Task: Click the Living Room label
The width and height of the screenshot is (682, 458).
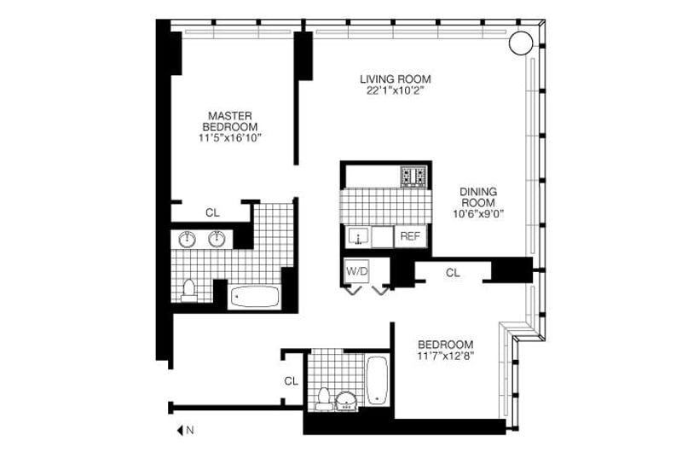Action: pos(391,81)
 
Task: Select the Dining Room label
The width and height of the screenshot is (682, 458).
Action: pos(478,197)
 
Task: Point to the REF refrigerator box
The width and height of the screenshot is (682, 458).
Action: pos(410,236)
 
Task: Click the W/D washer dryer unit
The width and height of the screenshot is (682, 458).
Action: pos(356,271)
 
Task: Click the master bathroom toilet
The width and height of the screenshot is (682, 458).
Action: pos(189,290)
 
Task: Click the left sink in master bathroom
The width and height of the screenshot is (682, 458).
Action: pos(186,239)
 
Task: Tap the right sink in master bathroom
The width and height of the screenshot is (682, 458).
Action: pos(217,239)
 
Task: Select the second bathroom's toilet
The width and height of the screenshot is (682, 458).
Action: pos(323,397)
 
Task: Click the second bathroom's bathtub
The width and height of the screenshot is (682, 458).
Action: pos(378,379)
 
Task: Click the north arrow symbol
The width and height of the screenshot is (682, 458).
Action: pos(182,431)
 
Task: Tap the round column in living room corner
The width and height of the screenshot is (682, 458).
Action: pos(521,43)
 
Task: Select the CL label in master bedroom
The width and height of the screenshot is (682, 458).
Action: pos(212,213)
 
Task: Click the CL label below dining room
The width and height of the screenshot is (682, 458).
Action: pos(453,273)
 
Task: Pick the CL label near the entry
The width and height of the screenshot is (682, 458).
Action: pos(291,381)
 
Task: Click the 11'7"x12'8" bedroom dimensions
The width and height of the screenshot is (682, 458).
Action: pos(446,356)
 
